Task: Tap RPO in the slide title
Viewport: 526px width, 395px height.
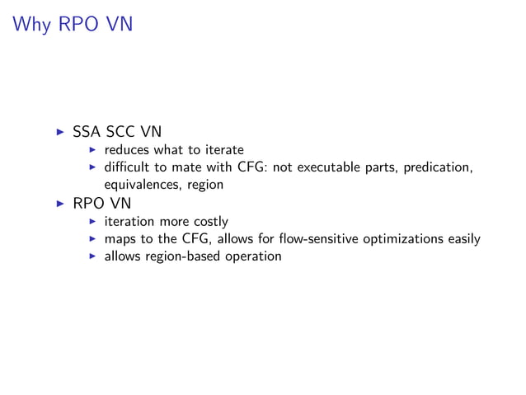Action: (x=77, y=25)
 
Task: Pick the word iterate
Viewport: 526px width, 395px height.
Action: (x=223, y=150)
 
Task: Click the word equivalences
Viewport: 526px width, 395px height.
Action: (x=143, y=185)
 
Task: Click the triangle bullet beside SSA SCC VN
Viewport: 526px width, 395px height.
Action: (x=59, y=132)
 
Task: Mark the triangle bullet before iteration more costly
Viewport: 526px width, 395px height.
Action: (x=93, y=221)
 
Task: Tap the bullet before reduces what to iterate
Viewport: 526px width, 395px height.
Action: (x=93, y=150)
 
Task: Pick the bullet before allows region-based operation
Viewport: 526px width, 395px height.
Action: (x=93, y=256)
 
